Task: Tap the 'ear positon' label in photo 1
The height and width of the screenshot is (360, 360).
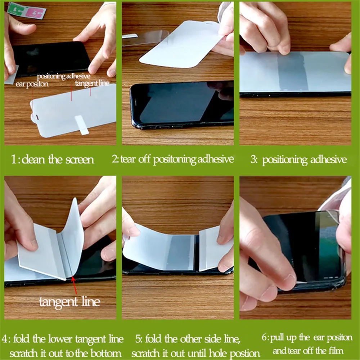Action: [32, 84]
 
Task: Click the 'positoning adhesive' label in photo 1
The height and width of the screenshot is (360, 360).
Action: [64, 76]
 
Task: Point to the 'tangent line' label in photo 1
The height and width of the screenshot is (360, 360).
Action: [92, 83]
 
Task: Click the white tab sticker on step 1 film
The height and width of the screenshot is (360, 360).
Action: [82, 125]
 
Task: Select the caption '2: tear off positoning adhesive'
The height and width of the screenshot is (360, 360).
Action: [173, 159]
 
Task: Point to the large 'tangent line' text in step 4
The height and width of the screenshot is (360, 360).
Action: [69, 301]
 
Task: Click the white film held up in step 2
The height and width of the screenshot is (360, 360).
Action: [180, 43]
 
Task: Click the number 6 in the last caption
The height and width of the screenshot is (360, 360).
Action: [264, 338]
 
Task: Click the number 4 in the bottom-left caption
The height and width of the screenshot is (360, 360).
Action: [5, 339]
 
